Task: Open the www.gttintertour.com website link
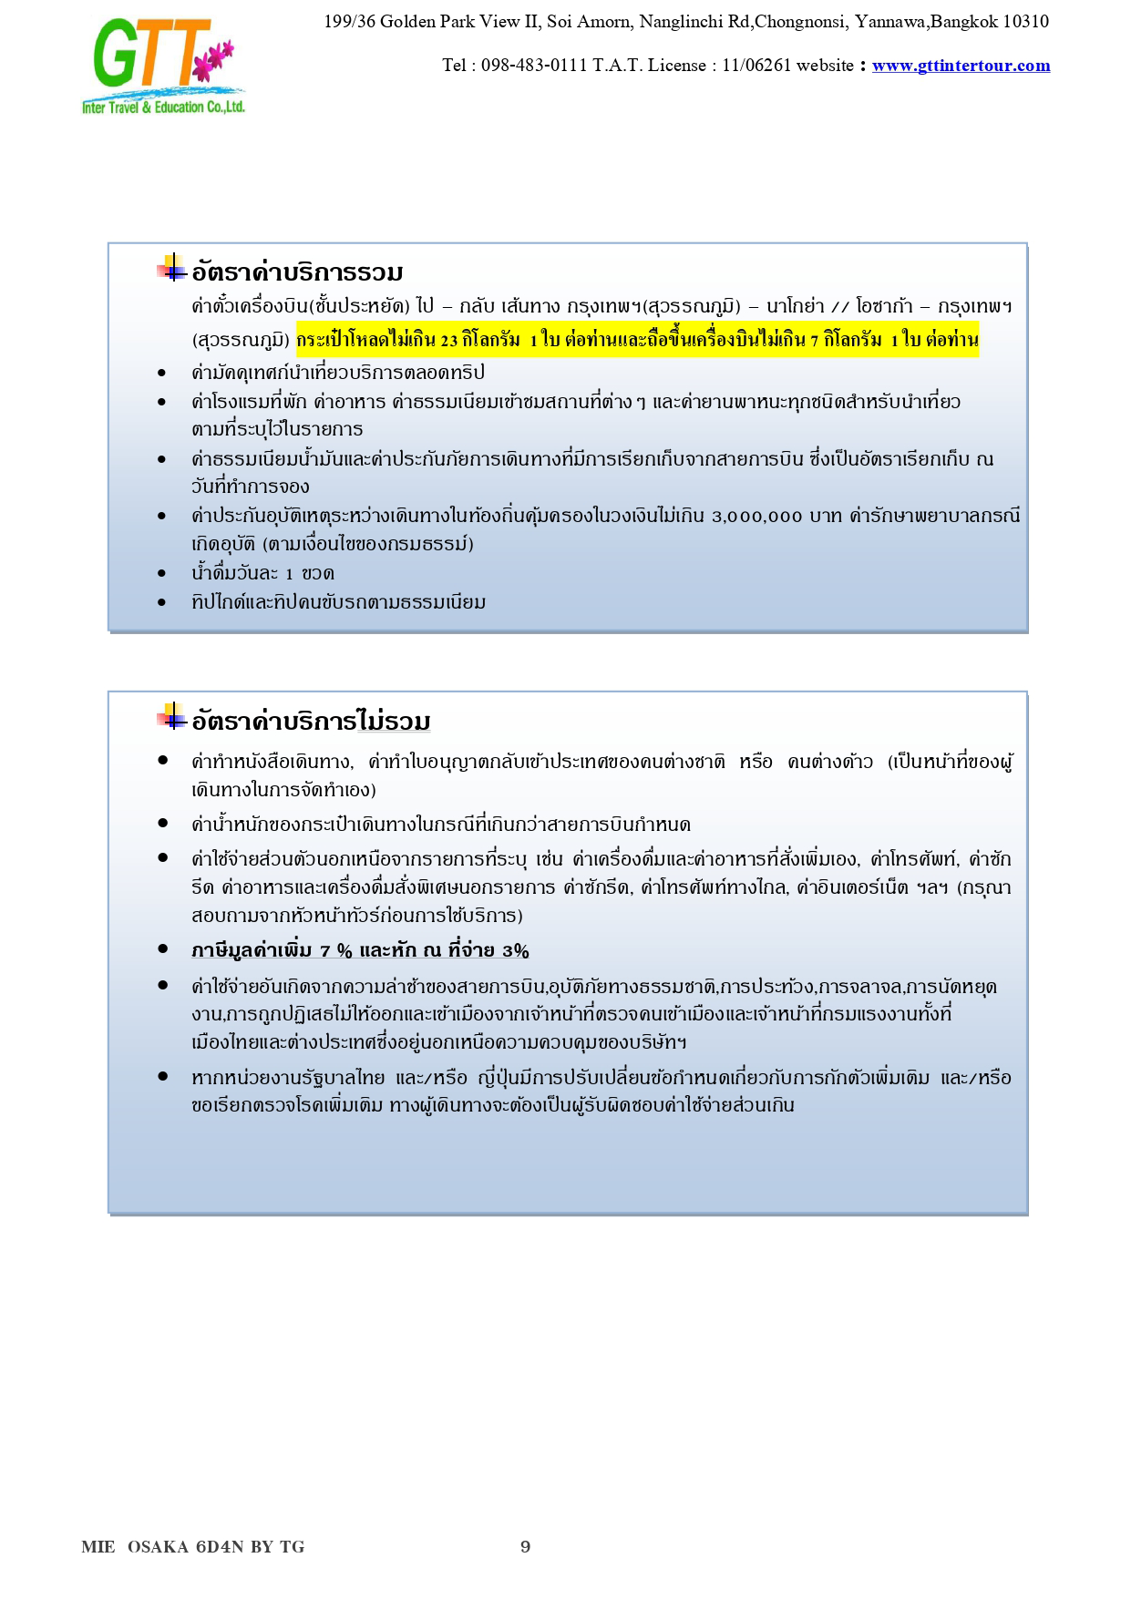pos(961,66)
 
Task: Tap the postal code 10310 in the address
pos(1025,21)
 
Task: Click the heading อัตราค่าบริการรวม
pos(297,272)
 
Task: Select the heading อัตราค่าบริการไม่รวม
pos(311,722)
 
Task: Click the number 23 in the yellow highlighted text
pos(448,341)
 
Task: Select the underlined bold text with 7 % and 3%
pos(360,950)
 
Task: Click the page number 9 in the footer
pos(525,1546)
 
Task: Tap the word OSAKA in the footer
pos(158,1546)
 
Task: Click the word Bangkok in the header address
pos(964,21)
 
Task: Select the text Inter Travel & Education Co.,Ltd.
pos(163,108)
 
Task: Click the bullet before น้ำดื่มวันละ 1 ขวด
pos(162,574)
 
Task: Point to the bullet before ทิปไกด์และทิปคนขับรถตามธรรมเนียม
pos(162,602)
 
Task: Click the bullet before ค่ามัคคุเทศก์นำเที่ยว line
pos(162,373)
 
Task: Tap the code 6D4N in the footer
pos(219,1546)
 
